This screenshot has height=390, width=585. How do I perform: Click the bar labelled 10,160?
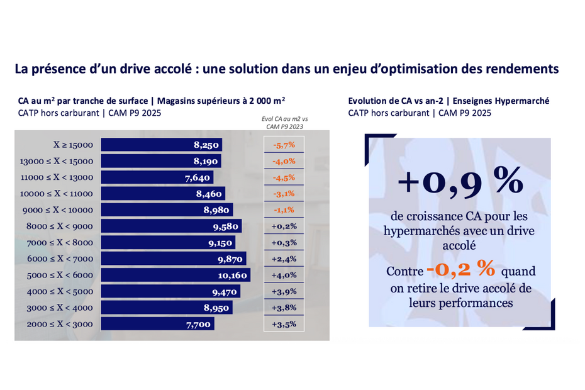point(175,276)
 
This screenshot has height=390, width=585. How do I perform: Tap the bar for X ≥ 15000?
point(162,145)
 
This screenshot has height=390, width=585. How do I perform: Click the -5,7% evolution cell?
point(284,145)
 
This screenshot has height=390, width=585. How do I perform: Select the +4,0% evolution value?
point(284,276)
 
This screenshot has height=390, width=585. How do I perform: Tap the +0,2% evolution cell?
point(284,226)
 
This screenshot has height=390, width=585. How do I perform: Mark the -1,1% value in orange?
point(284,210)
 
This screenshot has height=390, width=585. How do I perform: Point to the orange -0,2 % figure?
point(460,270)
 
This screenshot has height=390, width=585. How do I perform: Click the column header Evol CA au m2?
point(284,121)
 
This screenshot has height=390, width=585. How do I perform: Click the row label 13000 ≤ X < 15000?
point(56,161)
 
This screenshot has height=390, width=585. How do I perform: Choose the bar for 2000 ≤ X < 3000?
point(157,324)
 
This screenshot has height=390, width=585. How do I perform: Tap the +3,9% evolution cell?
point(284,292)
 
